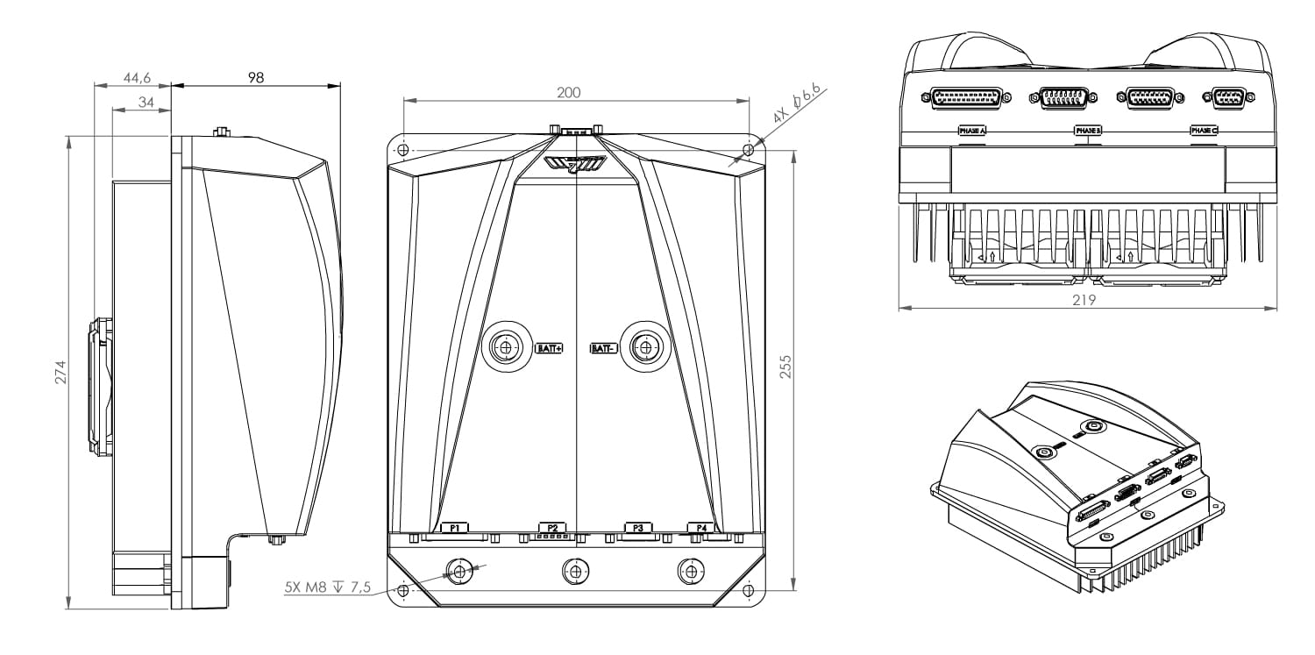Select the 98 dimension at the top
click(255, 77)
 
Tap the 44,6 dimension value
click(137, 78)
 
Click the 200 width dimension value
click(568, 93)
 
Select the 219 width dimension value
click(1087, 299)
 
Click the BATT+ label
click(549, 348)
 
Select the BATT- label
click(603, 348)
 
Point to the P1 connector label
click(455, 528)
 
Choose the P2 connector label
click(552, 528)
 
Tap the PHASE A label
click(971, 131)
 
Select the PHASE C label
click(1204, 131)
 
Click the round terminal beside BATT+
click(504, 348)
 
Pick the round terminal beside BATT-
click(647, 348)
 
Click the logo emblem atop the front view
click(574, 164)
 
